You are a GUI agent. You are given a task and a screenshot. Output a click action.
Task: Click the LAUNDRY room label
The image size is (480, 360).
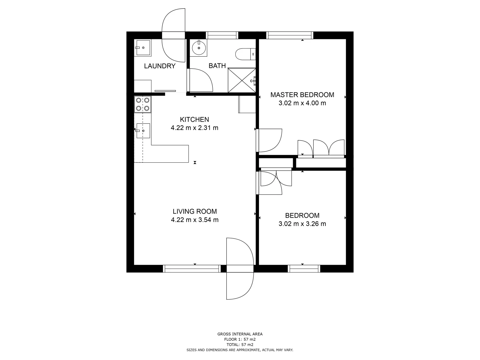[159, 66]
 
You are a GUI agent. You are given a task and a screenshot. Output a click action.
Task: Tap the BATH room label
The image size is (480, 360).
[217, 66]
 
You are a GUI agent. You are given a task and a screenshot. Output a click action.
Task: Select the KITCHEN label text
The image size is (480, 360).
[194, 119]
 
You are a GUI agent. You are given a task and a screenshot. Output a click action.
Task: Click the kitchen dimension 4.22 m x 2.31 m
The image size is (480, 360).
[194, 128]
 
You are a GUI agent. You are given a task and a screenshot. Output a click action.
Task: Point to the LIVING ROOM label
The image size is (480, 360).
[195, 211]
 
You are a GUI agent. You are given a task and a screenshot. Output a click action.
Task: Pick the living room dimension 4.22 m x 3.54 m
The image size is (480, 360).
[195, 220]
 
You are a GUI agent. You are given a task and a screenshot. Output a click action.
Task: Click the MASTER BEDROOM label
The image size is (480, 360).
[302, 95]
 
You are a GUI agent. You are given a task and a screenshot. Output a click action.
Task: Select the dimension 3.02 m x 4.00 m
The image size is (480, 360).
[302, 103]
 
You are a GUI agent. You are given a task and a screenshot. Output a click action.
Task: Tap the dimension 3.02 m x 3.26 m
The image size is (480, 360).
[302, 224]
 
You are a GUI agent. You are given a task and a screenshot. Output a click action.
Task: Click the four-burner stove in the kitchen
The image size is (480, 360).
[143, 104]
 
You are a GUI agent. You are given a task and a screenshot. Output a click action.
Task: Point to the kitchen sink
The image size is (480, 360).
[143, 131]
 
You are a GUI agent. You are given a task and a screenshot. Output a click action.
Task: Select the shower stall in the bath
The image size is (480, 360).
[242, 80]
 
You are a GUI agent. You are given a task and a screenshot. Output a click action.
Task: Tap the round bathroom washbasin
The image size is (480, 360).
[199, 48]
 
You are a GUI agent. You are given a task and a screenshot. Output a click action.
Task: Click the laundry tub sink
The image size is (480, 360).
[143, 48]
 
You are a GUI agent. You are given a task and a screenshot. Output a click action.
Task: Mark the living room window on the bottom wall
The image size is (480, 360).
[192, 269]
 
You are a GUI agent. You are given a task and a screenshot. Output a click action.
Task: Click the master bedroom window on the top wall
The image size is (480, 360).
[290, 35]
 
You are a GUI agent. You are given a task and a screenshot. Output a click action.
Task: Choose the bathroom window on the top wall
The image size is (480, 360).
[222, 35]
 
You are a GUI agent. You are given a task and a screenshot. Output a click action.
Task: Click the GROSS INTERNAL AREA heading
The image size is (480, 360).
[240, 334]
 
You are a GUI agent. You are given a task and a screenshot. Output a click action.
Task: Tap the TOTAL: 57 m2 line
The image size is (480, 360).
[240, 345]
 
